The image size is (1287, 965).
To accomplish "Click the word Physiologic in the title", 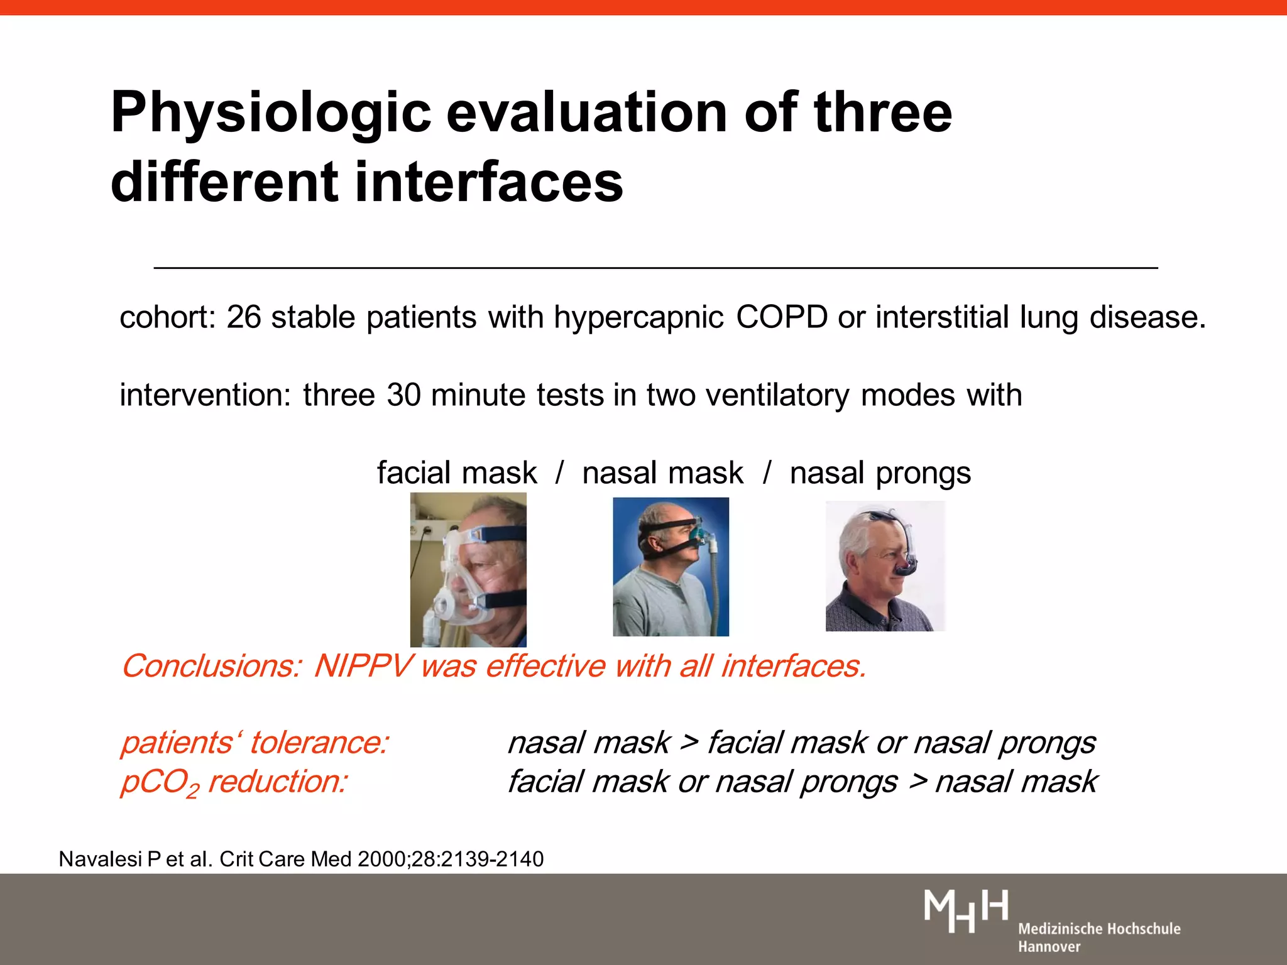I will click(270, 113).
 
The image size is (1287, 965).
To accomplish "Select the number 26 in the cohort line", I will click(243, 317).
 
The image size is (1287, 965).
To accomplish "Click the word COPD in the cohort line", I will click(781, 317).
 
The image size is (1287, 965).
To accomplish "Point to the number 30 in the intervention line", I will click(403, 395).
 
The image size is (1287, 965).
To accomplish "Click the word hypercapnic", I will click(638, 318).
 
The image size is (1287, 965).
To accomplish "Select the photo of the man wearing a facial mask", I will click(468, 569).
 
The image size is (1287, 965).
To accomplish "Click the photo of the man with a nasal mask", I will click(671, 567).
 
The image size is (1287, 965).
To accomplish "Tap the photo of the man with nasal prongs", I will click(885, 566).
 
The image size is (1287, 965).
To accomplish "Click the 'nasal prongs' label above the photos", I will click(880, 473).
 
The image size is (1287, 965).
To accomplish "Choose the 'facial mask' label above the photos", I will click(457, 473).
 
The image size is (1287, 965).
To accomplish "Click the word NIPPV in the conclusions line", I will click(363, 666).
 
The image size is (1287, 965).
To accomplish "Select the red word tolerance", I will click(319, 743).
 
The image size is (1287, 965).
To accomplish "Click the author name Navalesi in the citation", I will click(101, 859).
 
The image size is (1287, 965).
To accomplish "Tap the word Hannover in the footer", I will click(1049, 947).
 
